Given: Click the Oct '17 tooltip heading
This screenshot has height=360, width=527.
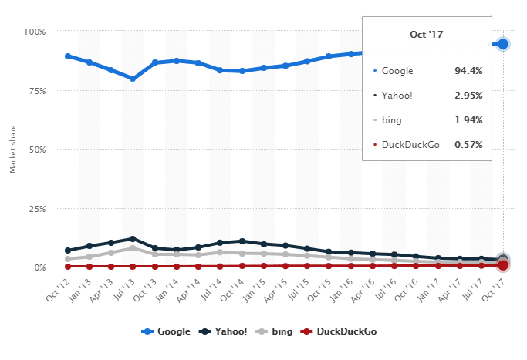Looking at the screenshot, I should (x=426, y=35).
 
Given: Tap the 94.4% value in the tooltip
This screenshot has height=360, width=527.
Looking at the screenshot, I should (x=468, y=70).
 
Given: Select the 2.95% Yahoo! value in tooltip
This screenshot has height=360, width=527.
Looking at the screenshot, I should (x=468, y=95).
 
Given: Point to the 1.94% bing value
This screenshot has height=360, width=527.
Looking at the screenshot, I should (x=468, y=119).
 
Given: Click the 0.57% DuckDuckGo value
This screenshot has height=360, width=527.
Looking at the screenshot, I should (x=468, y=144).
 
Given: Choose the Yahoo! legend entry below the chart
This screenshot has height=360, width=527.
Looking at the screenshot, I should (x=225, y=331).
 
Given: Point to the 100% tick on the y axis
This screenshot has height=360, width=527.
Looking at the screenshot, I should (x=35, y=32).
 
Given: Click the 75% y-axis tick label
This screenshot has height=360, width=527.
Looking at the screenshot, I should (x=37, y=90).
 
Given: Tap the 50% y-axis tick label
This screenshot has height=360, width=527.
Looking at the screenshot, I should (x=37, y=150).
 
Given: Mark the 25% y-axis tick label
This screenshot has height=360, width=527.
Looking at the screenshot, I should (x=37, y=208).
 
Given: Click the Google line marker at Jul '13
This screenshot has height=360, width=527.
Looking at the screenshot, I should (x=133, y=79).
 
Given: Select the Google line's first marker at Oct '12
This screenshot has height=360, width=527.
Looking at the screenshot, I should (x=68, y=56).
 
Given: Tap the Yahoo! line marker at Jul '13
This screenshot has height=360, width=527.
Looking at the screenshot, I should (x=133, y=239).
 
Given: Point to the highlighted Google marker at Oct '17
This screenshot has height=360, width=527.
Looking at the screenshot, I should (x=503, y=44).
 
